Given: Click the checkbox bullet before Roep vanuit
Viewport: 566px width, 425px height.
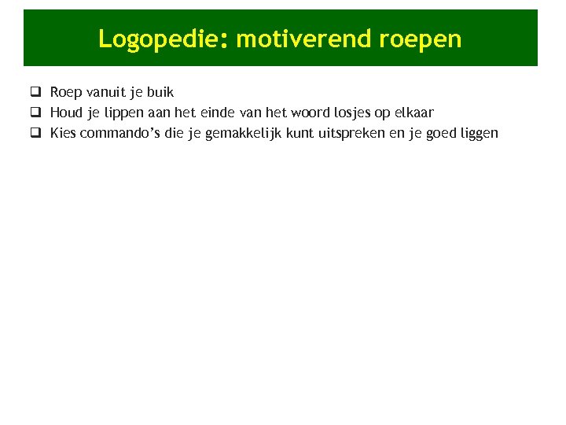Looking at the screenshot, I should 35,92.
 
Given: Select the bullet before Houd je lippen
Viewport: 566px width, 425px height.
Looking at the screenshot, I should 35,113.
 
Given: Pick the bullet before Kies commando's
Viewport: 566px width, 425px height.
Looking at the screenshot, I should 35,133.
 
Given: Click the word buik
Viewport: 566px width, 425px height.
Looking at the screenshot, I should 160,92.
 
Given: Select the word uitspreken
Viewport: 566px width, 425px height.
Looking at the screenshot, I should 368,133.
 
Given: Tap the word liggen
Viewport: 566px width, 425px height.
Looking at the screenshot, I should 477,133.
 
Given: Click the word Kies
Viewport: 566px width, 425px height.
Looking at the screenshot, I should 64,133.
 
